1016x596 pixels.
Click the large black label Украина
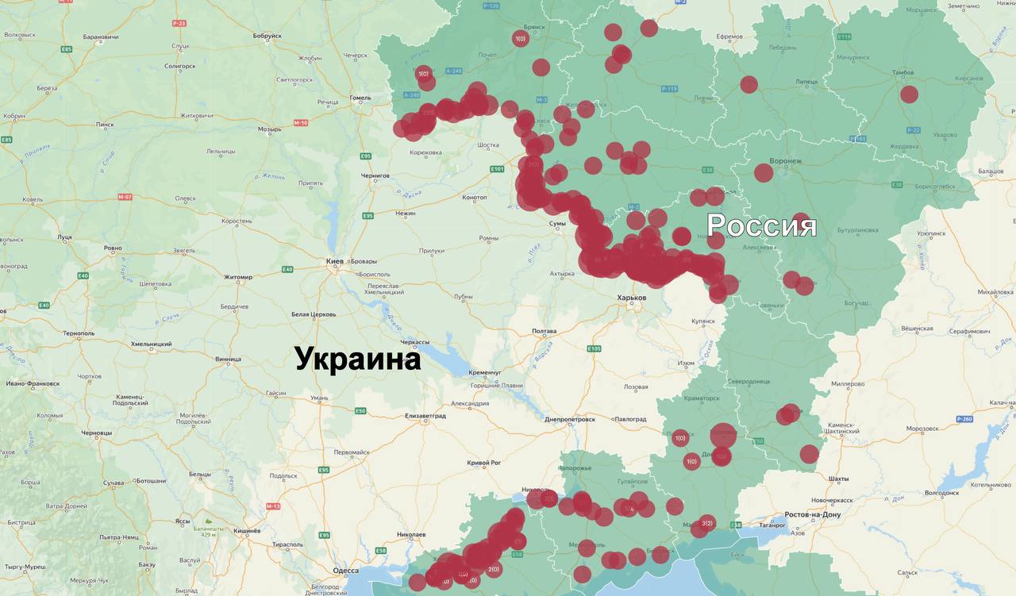coord(357,359)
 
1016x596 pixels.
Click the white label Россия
coord(761,225)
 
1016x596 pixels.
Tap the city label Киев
coord(335,261)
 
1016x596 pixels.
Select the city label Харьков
coord(632,298)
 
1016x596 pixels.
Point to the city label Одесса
coord(345,571)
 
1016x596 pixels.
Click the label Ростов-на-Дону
coord(813,515)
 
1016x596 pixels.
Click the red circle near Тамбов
coord(909,94)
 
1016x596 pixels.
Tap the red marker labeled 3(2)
coord(707,522)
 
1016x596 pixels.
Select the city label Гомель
coord(360,98)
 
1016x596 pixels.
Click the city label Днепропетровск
coord(569,419)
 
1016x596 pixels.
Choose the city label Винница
coord(228,359)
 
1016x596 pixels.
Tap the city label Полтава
coord(544,331)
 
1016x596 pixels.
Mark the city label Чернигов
coord(375,175)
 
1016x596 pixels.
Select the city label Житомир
coord(237,277)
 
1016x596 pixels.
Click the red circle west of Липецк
coord(749,84)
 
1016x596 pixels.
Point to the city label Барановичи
coord(100,37)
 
